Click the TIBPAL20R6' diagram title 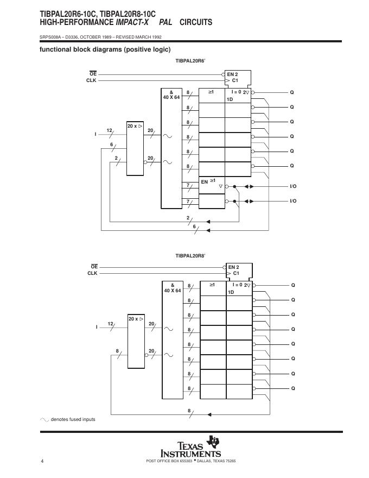click(190, 61)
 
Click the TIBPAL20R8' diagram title click(190, 255)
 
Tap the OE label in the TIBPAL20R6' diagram click(93, 74)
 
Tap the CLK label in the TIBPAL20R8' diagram click(92, 273)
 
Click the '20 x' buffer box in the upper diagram click(135, 148)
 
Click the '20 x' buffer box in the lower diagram click(136, 344)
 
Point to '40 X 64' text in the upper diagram click(171, 97)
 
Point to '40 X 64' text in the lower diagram click(173, 291)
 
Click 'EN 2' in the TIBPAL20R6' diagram click(232, 74)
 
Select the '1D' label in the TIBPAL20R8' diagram click(231, 292)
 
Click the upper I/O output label click(293, 186)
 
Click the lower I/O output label click(293, 201)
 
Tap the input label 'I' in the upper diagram click(96, 134)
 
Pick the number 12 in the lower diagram click(111, 324)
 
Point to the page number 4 click(42, 461)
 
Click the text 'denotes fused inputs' click(73, 419)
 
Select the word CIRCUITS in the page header click(196, 22)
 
